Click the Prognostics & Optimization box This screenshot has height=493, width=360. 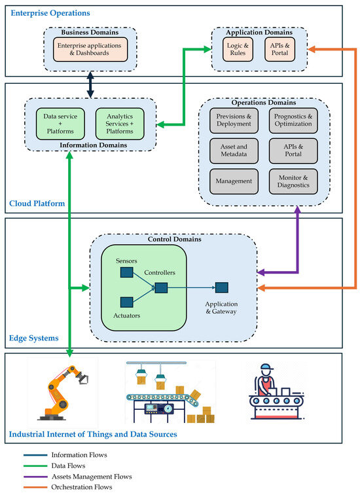click(293, 120)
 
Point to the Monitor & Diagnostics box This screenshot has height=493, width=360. click(293, 181)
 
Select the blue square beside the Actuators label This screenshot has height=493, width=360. click(127, 302)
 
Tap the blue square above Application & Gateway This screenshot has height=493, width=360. click(222, 287)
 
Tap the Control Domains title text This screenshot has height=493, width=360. click(173, 239)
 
